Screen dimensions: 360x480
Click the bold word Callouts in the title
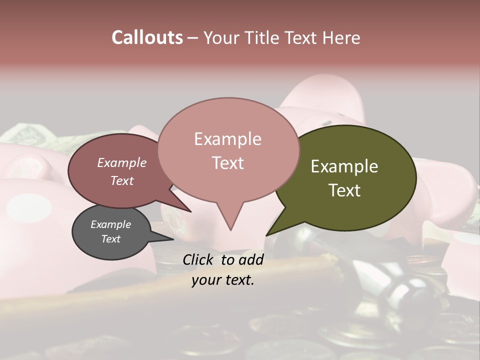[147, 37]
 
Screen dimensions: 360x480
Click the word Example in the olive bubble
[344, 166]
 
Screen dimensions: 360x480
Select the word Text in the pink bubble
[228, 163]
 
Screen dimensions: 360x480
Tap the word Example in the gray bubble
[110, 224]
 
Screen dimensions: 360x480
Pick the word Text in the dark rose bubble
[122, 180]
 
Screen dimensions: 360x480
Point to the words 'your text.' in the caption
[223, 280]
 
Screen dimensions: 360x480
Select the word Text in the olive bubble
[344, 190]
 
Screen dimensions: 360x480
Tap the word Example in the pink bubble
[228, 139]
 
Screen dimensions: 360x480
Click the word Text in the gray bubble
[110, 239]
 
